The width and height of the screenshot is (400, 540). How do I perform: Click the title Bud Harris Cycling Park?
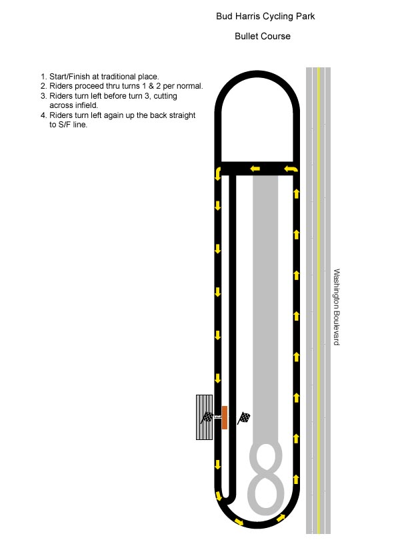(265, 16)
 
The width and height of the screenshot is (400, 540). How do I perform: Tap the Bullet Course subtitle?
(263, 36)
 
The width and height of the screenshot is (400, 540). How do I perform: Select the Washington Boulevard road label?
(337, 307)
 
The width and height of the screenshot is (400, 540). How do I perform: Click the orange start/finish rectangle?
(224, 417)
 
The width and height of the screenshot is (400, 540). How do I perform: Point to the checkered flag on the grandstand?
(207, 417)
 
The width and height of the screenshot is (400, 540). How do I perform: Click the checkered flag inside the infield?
(244, 418)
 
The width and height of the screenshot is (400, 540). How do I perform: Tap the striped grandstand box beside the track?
(204, 417)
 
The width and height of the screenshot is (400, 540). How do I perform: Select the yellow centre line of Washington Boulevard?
(319, 300)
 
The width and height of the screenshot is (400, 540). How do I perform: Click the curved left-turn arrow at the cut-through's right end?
(291, 169)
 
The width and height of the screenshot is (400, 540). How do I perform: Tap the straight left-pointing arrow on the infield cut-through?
(255, 169)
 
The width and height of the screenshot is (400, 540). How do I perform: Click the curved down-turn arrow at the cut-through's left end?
(218, 173)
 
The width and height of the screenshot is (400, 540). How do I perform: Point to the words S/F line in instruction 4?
(73, 125)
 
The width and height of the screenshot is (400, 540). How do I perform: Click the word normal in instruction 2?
(189, 86)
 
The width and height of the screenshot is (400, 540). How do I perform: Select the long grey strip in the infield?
(265, 310)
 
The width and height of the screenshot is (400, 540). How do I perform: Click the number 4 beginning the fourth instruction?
(43, 115)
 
